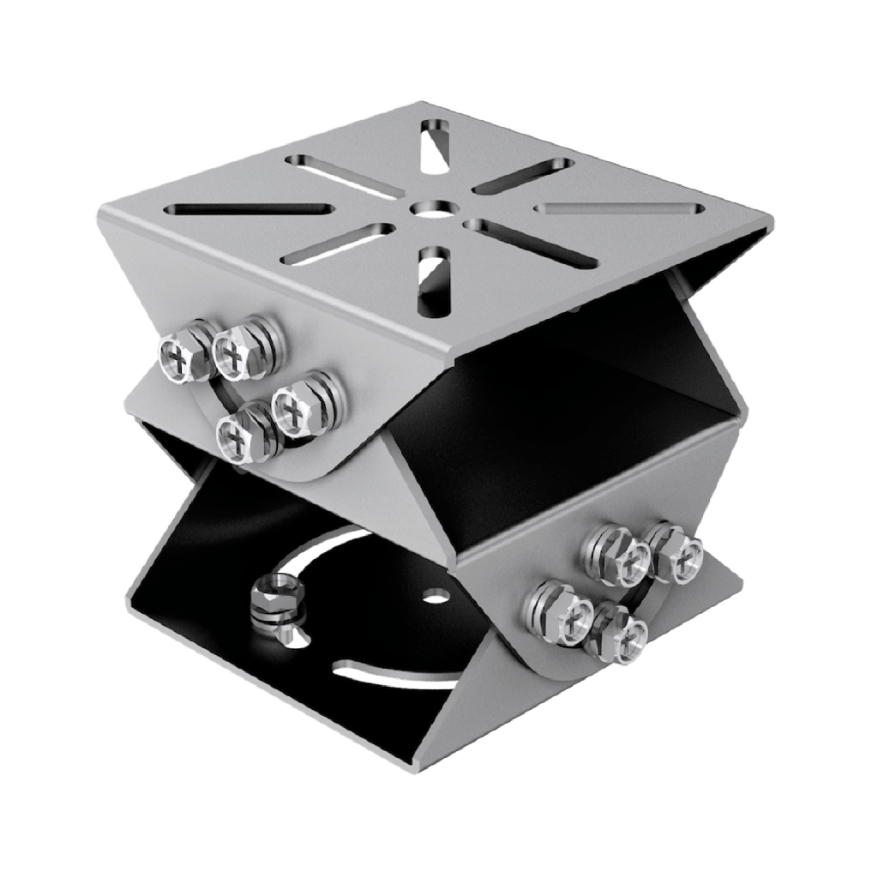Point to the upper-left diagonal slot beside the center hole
point(344,175)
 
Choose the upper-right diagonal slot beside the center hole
point(524,175)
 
